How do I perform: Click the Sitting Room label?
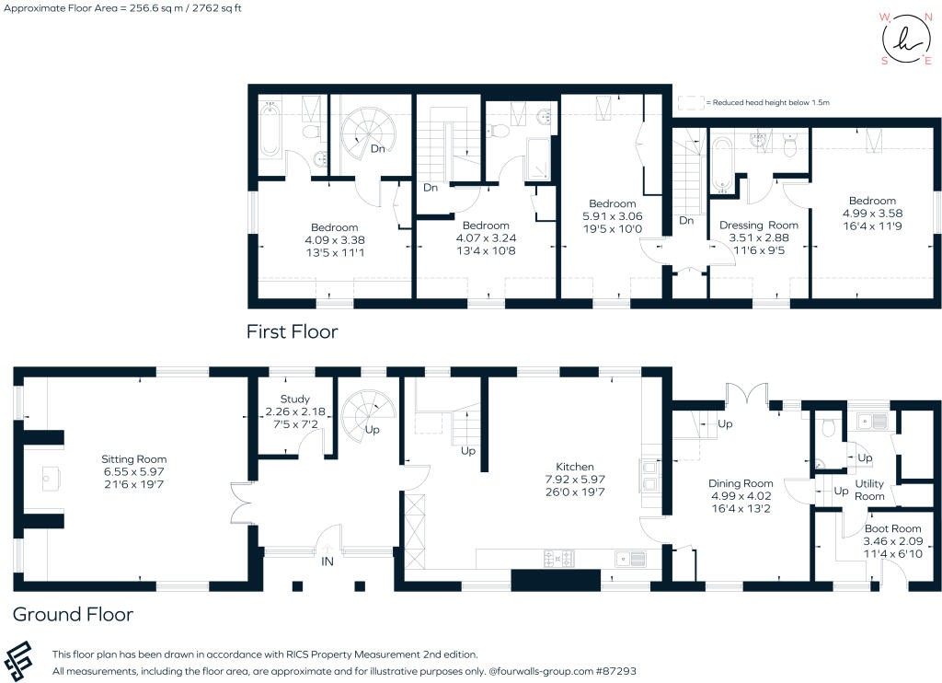(134, 459)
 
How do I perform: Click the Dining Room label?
(740, 483)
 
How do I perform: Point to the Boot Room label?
(891, 529)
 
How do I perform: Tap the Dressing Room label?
(758, 225)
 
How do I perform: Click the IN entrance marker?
(327, 559)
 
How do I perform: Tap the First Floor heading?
(292, 331)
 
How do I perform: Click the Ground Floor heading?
(73, 614)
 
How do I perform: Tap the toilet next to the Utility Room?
(827, 425)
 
